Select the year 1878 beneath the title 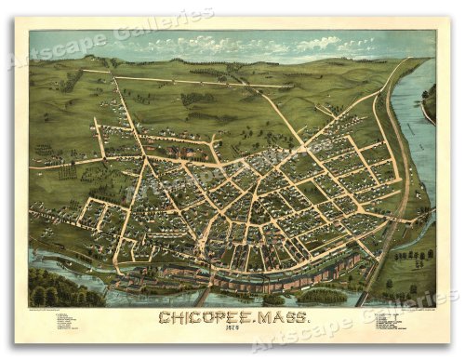pos(233,332)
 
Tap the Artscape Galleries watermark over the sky pos(112,42)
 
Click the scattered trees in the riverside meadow pos(409,260)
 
